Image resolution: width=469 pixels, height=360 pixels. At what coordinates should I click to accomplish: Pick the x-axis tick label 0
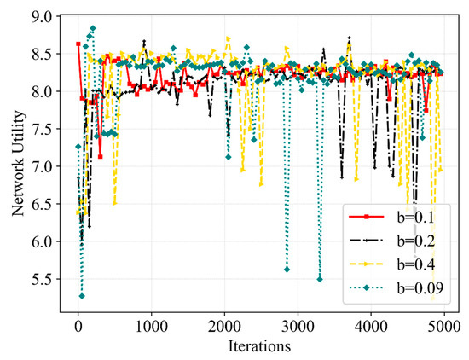tap(78, 326)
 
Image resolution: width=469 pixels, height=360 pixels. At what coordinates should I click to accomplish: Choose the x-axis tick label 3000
tap(298, 326)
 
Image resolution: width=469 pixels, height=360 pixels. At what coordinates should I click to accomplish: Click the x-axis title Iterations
tap(260, 346)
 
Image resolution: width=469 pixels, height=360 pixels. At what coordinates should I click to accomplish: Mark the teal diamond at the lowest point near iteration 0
tap(82, 296)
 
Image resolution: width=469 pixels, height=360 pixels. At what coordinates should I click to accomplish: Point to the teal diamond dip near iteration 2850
tap(287, 270)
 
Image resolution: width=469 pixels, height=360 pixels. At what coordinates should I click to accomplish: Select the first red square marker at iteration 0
tap(78, 44)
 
